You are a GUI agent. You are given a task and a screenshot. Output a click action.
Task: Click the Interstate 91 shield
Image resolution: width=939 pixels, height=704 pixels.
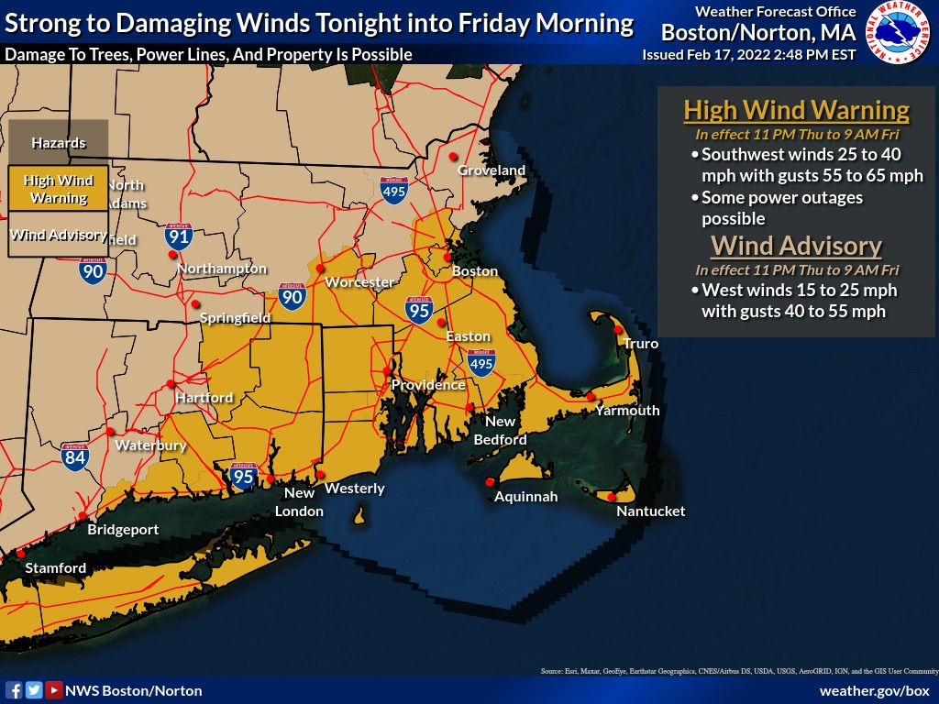(x=179, y=236)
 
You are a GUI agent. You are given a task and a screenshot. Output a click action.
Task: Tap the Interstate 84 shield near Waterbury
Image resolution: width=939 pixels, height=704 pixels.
(x=75, y=456)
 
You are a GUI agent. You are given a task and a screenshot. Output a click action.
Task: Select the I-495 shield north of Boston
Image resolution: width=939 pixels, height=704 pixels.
(x=394, y=190)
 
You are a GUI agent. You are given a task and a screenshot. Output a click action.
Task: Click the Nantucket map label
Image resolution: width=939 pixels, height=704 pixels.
(x=650, y=511)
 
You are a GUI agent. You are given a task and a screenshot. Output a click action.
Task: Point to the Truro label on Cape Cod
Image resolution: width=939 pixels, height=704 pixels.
(x=640, y=344)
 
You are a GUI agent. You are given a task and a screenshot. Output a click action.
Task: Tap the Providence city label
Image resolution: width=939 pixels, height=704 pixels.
(x=428, y=385)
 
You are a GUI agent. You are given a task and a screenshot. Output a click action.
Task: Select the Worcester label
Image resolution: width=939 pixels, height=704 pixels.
(x=359, y=282)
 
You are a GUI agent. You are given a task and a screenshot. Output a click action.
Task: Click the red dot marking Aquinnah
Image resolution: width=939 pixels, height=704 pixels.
(x=489, y=482)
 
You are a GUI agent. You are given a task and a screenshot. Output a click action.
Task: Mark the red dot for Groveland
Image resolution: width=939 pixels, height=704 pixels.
(x=452, y=157)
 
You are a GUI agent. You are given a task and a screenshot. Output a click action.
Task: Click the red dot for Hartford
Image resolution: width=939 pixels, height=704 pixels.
(x=171, y=384)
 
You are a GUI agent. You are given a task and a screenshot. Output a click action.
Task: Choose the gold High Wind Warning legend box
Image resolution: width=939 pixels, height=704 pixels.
(x=59, y=189)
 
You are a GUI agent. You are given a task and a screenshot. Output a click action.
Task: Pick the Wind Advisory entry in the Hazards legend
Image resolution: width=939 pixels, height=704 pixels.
(x=59, y=235)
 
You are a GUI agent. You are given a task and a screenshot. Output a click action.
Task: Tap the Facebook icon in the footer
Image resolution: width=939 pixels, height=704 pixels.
(x=14, y=690)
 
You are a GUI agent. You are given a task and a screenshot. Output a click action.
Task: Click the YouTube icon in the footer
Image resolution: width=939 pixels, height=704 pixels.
(x=53, y=690)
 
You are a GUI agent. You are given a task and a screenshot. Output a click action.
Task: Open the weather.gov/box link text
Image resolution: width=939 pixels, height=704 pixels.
(x=874, y=690)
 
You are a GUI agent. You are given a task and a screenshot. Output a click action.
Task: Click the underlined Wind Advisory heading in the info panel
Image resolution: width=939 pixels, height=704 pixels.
(x=796, y=246)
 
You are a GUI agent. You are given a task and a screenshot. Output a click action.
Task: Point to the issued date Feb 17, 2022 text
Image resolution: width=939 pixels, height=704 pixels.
(x=749, y=55)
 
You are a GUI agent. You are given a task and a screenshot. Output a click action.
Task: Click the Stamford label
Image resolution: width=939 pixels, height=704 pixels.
(x=55, y=568)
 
